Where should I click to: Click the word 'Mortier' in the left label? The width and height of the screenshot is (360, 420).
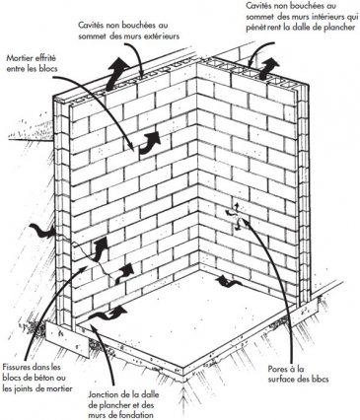pos(19,58)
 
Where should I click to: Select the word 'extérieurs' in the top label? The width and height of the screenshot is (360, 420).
pos(163,36)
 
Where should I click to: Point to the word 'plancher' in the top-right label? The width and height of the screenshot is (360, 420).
pos(340,28)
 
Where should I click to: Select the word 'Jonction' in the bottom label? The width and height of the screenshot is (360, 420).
pos(102,394)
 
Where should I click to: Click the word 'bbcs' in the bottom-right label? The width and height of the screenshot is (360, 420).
pos(320,380)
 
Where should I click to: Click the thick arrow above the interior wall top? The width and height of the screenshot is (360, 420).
pos(268,68)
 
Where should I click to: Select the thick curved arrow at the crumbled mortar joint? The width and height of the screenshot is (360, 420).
pos(149,144)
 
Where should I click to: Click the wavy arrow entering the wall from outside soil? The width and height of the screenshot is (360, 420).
pos(42,231)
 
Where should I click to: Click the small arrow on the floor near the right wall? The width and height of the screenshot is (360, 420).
pos(228,281)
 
